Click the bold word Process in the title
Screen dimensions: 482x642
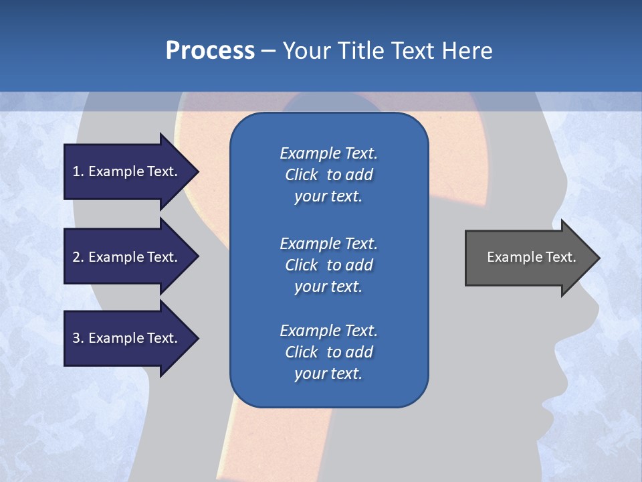tap(210, 50)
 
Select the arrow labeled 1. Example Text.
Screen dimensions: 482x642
tap(127, 171)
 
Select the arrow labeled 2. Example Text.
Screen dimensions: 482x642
tap(127, 257)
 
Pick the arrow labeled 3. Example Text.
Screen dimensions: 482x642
tap(127, 338)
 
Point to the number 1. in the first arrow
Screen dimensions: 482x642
tap(78, 171)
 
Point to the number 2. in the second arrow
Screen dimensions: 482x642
tap(78, 257)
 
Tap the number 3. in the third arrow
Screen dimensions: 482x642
tap(78, 338)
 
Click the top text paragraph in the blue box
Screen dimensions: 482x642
tap(328, 175)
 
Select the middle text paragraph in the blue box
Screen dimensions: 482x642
tap(328, 265)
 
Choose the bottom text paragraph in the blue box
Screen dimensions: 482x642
tap(328, 352)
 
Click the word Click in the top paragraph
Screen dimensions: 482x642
tap(301, 175)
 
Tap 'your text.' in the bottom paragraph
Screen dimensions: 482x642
tap(328, 374)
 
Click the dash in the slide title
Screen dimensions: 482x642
tap(268, 51)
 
